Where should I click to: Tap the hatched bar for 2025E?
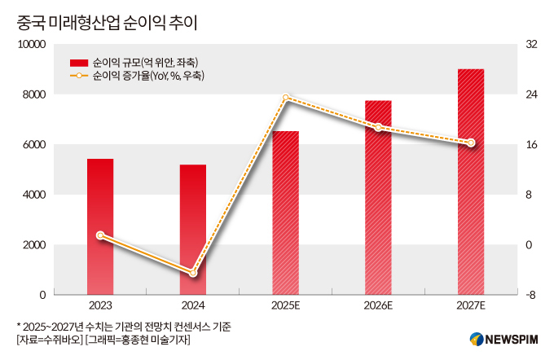(285, 213)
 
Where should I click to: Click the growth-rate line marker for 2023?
(100, 235)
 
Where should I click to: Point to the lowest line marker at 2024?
(193, 273)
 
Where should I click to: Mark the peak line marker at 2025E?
(285, 98)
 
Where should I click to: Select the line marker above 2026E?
(378, 127)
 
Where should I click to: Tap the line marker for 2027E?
(471, 143)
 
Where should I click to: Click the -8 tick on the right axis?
(530, 295)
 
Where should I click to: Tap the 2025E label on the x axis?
(285, 305)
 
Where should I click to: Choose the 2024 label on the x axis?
(193, 305)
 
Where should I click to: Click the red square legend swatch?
(79, 62)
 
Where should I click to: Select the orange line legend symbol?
(79, 76)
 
